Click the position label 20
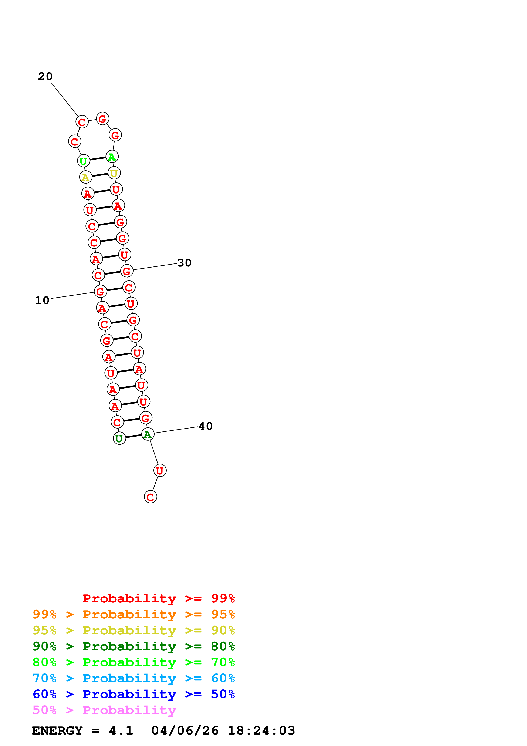point(45,76)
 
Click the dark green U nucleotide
point(119,438)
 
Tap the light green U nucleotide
point(84,161)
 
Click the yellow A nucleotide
point(85,177)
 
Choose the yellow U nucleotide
point(114,173)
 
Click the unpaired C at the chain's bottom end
point(150,497)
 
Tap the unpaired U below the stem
point(160,470)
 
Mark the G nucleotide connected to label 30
point(127,271)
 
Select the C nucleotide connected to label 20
point(82,122)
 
